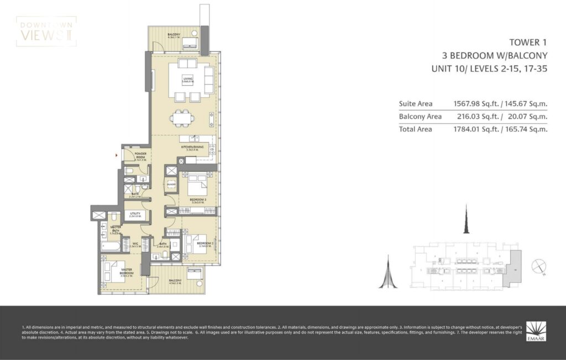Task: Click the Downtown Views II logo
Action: (46, 31)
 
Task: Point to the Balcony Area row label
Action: (420, 116)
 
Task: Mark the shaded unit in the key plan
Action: (514, 268)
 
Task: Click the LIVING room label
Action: (188, 80)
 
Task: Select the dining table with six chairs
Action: (182, 117)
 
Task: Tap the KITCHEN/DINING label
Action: (192, 147)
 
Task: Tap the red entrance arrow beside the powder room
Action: (116, 156)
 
